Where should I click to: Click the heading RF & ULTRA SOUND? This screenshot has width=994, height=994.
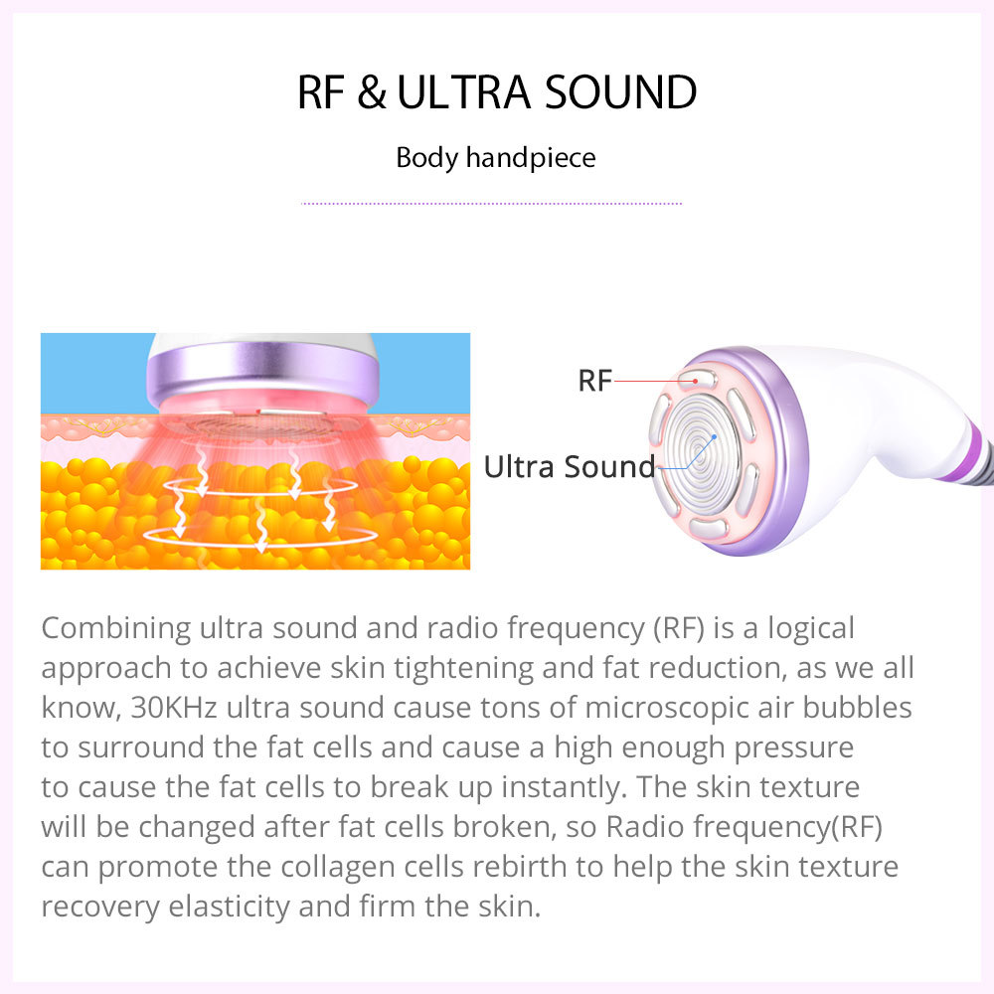(x=497, y=92)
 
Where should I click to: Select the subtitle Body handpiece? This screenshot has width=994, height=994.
(x=496, y=158)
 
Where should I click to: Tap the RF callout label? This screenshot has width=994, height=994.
(x=594, y=380)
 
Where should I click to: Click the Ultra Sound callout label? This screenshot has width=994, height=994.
(x=570, y=466)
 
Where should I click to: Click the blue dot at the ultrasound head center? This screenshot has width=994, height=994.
(x=714, y=438)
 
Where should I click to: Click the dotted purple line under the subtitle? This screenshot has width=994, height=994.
(x=492, y=204)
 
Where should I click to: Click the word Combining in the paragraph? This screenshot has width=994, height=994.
(x=116, y=628)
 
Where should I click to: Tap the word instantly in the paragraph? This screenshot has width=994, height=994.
(x=553, y=786)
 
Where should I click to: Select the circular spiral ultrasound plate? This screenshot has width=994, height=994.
(x=703, y=446)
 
